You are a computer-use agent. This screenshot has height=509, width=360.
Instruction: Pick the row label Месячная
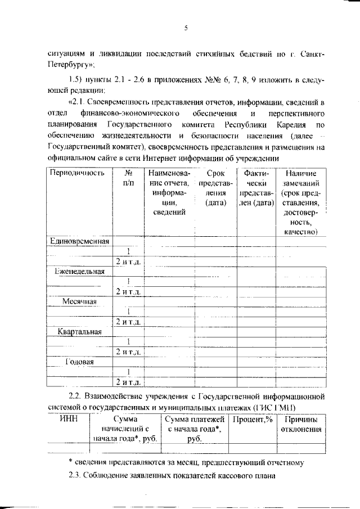coord(80,301)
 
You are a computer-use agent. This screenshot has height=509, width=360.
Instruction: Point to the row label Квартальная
coord(79,331)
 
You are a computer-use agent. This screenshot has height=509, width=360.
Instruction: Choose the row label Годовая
coord(79,362)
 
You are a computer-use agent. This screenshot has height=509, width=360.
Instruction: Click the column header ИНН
coord(69,420)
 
